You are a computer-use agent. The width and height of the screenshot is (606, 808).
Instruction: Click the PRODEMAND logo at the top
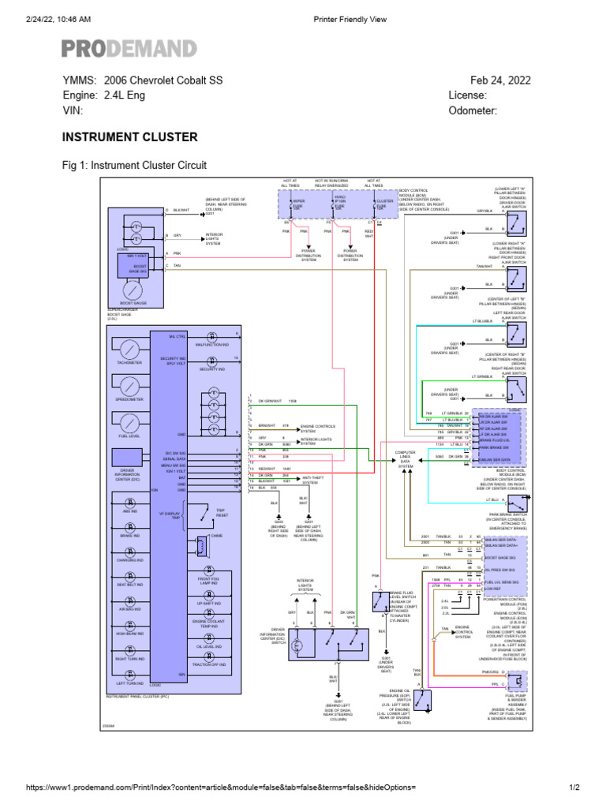click(x=129, y=49)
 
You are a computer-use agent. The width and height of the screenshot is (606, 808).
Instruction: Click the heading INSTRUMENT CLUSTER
click(x=129, y=137)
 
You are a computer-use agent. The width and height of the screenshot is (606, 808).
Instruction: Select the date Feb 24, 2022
click(x=500, y=80)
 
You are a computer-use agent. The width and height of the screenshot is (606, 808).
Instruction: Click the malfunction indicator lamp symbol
click(x=211, y=336)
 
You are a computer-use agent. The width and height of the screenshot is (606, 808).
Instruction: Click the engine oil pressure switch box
click(x=422, y=700)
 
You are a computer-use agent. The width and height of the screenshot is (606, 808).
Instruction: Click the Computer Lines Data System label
click(x=405, y=460)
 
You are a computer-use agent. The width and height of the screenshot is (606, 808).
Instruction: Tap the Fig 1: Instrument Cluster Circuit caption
click(x=134, y=166)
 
